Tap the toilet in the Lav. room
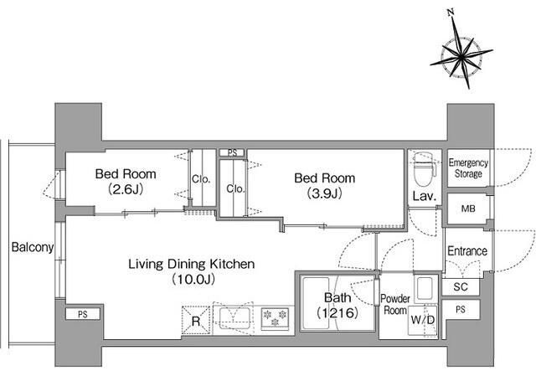pos(424,170)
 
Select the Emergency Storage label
pos(468,168)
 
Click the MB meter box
pos(468,209)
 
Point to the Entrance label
pos(467,251)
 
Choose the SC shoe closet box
pos(460,286)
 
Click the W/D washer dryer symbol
pos(423,320)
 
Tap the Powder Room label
pos(395,305)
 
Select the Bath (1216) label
pos(338,305)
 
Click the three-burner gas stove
pos(276,318)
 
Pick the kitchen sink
pos(234,318)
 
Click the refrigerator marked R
pos(195,320)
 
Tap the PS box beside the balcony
pos(83,314)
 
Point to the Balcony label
pos(33,247)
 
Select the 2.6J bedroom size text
pos(126,188)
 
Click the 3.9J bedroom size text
pos(325,193)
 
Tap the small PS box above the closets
pos(232,152)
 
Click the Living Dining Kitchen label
pos(192,264)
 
